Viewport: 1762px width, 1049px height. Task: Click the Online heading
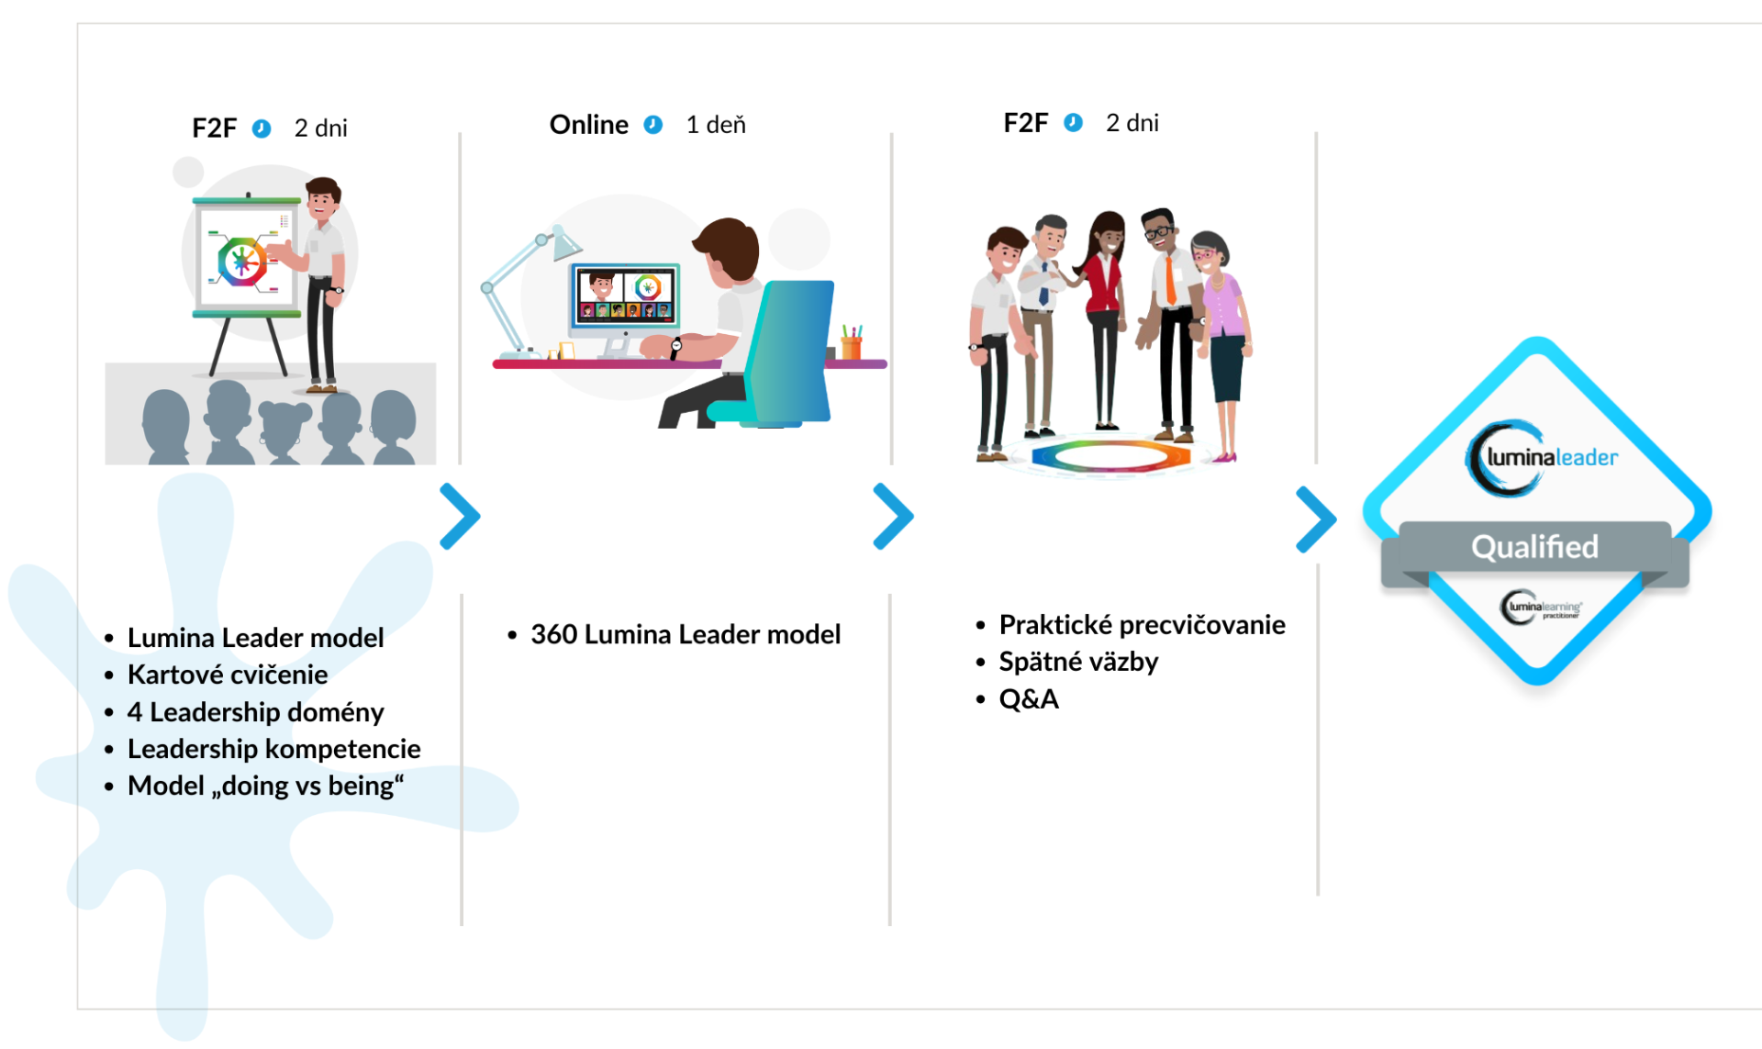coord(588,125)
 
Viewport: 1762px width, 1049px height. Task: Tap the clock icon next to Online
coord(653,125)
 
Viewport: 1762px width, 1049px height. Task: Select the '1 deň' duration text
coord(716,125)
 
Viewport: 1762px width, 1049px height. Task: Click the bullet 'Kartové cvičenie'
coord(228,675)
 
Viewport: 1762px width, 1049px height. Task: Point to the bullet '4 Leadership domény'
coord(255,712)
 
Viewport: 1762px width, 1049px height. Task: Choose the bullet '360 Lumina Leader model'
coord(686,634)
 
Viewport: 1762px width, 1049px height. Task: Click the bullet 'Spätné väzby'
coord(1078,662)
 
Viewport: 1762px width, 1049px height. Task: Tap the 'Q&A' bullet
coord(1029,699)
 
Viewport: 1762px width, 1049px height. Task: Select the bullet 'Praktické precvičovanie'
coord(1142,625)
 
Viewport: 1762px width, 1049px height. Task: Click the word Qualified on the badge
coord(1534,547)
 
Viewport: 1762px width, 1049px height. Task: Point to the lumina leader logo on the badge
coord(1542,458)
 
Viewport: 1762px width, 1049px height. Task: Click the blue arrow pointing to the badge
coord(1316,519)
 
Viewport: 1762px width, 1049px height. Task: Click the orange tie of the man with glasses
coord(1170,279)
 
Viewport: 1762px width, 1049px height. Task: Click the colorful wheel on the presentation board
coord(241,262)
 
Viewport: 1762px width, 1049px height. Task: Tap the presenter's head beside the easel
coord(322,198)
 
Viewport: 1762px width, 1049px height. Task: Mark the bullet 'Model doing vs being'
coord(265,787)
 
